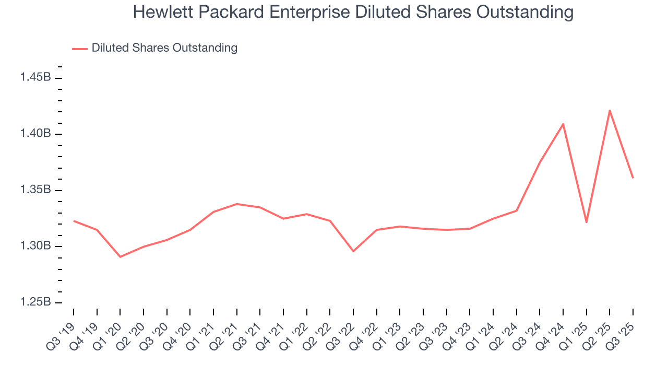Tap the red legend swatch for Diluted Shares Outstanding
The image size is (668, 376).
pos(79,49)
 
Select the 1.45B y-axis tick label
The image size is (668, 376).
pos(35,77)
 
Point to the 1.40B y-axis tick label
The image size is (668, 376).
pos(35,134)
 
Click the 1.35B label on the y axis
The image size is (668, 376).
pos(35,190)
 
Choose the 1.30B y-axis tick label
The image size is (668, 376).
pos(35,246)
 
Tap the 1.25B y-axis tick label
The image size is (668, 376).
pos(35,302)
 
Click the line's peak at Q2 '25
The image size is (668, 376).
pos(610,110)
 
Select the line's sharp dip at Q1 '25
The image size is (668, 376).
pos(587,222)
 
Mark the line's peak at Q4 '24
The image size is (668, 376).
pos(563,124)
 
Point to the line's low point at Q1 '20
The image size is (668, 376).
pos(120,256)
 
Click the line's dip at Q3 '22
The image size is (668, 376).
pos(353,251)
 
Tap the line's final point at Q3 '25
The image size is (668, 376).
pos(633,178)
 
